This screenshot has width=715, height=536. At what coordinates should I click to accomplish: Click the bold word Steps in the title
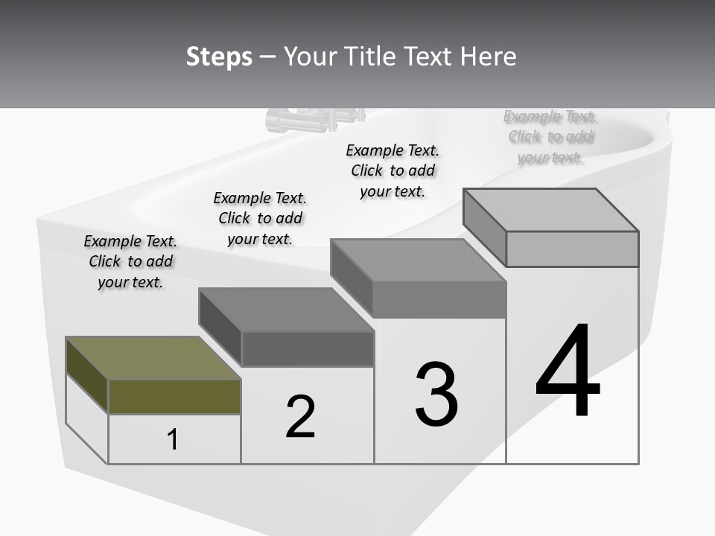point(219,57)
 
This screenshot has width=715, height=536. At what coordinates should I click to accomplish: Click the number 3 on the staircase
point(436,395)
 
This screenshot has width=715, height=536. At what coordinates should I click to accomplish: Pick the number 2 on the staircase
point(301,417)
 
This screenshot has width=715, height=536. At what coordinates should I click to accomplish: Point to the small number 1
point(173,439)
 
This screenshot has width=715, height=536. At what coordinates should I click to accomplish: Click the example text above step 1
point(130,261)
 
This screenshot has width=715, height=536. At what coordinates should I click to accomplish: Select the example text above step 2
point(260,218)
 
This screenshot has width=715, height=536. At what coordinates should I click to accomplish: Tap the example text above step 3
point(393,170)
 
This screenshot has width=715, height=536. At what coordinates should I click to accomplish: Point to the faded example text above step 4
point(550,136)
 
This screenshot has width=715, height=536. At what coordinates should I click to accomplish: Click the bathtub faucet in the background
point(313,119)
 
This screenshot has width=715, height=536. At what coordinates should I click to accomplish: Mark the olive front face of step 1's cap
point(174,396)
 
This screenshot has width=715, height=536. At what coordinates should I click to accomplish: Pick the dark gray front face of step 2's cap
point(308,348)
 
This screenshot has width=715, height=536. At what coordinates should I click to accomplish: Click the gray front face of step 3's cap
point(439,300)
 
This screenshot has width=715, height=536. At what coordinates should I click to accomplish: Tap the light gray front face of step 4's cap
point(572,249)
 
